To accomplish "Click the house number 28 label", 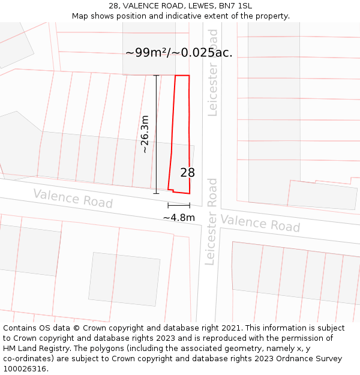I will tap(187, 173).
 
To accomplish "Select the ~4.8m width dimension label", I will tap(179, 217).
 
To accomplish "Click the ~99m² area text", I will tap(146, 53).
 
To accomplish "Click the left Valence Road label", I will tap(73, 198).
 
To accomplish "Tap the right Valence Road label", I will tap(260, 223).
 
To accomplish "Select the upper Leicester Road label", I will tap(213, 72).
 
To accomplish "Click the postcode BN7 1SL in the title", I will tap(236, 5).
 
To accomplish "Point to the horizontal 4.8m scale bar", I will tap(179, 205).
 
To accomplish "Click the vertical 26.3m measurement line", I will tap(157, 134).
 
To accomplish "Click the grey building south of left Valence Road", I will tap(124, 279).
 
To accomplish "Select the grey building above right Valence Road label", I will tap(323, 194).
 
